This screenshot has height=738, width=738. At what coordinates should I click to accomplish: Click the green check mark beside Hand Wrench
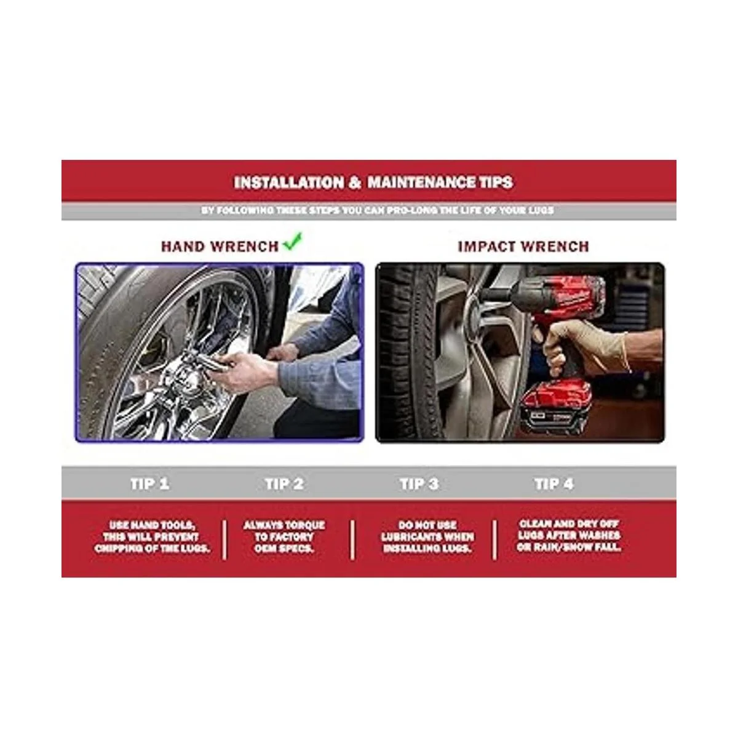coord(293,242)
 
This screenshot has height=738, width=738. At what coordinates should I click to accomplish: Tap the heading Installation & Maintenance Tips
coord(373,182)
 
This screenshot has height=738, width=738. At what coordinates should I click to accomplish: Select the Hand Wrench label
coord(220,247)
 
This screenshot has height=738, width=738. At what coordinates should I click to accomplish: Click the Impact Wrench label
coord(523,247)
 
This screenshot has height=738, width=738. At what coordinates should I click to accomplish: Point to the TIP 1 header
coord(149,484)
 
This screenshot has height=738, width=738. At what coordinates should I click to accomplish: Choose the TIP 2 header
coord(285,484)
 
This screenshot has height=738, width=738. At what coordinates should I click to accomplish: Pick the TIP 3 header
coord(419,484)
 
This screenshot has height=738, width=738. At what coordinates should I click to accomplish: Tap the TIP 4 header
coord(554,484)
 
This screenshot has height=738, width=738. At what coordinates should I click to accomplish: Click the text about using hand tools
coord(152,536)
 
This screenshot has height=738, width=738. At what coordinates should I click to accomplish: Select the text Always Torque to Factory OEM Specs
coord(284,536)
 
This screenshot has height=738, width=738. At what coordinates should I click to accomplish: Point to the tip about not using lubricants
coord(427,536)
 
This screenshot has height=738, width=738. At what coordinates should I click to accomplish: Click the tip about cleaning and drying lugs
coord(569,536)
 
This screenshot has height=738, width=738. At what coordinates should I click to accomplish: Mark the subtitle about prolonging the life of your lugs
coord(378,210)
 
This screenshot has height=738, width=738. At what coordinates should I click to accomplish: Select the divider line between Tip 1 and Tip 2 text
coord(224,539)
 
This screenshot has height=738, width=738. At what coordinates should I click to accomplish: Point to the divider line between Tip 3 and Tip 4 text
coord(494,539)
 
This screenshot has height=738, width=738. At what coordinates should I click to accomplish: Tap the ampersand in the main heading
coord(355,183)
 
